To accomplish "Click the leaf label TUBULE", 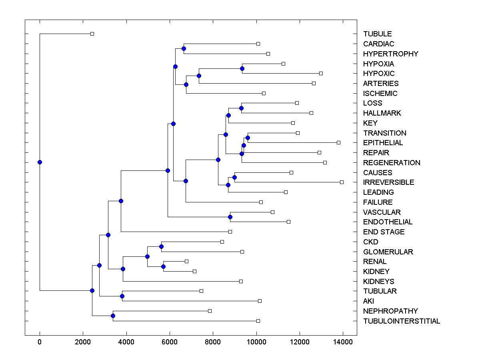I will click(377, 34).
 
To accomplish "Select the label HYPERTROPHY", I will click(390, 54).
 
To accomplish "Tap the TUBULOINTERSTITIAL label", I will click(401, 321).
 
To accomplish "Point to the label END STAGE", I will click(384, 232).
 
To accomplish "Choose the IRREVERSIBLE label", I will click(388, 182).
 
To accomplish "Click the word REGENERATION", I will click(392, 163).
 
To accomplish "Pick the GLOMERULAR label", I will click(388, 252).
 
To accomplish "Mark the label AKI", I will click(368, 301).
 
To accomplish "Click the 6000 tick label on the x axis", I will click(170, 342).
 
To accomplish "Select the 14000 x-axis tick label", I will click(343, 342).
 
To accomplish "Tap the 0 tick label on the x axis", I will click(40, 342).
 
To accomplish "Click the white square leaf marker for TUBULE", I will click(92, 34).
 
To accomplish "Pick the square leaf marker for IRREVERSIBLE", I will click(342, 182).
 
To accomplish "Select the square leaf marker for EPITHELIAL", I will click(338, 142).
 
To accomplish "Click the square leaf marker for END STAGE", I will click(230, 232).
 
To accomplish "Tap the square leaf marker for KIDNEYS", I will click(241, 281).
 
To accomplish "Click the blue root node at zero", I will click(40, 162).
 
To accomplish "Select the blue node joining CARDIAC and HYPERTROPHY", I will click(184, 49).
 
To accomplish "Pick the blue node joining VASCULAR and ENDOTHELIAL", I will click(230, 217).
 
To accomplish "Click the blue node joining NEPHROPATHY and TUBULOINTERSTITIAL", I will click(113, 316).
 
